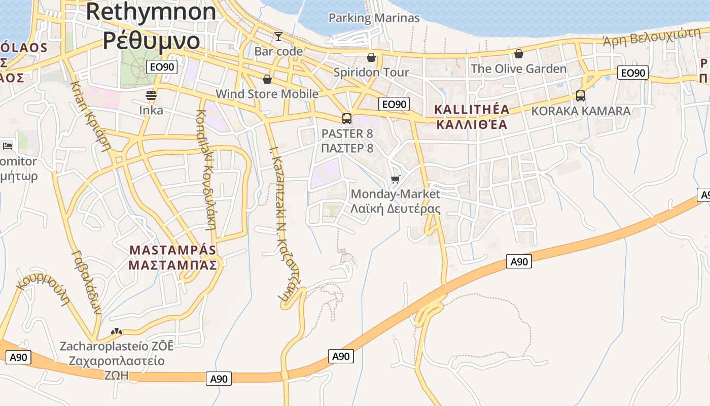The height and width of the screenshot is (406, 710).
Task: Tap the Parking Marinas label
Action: pyautogui.click(x=374, y=18)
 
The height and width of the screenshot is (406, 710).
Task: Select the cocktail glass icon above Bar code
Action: pyautogui.click(x=278, y=37)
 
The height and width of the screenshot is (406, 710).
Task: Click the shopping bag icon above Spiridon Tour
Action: pyautogui.click(x=371, y=57)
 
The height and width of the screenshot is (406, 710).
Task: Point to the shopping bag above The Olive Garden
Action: pyautogui.click(x=518, y=54)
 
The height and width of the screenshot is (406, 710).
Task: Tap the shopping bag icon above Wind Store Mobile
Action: pyautogui.click(x=267, y=79)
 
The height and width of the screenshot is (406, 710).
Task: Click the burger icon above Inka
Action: pyautogui.click(x=151, y=95)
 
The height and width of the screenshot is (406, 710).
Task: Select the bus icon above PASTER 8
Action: pyautogui.click(x=347, y=119)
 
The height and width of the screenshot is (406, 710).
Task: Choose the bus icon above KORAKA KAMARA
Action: pyautogui.click(x=581, y=95)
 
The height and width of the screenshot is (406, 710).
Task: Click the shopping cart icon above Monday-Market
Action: pyautogui.click(x=396, y=179)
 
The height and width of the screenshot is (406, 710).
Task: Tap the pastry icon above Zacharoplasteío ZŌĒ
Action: pyautogui.click(x=117, y=331)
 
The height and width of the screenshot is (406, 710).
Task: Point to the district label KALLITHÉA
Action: pyautogui.click(x=472, y=110)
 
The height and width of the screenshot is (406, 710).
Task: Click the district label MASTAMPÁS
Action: pyautogui.click(x=173, y=250)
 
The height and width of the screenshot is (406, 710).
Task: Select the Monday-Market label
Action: pyautogui.click(x=396, y=194)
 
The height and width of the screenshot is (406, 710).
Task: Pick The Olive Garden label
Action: pyautogui.click(x=518, y=69)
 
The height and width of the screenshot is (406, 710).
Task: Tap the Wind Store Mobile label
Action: pyautogui.click(x=267, y=94)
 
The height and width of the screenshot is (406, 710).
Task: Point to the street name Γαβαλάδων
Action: pyautogui.click(x=87, y=283)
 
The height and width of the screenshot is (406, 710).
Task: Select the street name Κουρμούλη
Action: pyautogui.click(x=43, y=290)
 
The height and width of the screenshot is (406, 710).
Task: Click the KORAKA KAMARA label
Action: pyautogui.click(x=581, y=111)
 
